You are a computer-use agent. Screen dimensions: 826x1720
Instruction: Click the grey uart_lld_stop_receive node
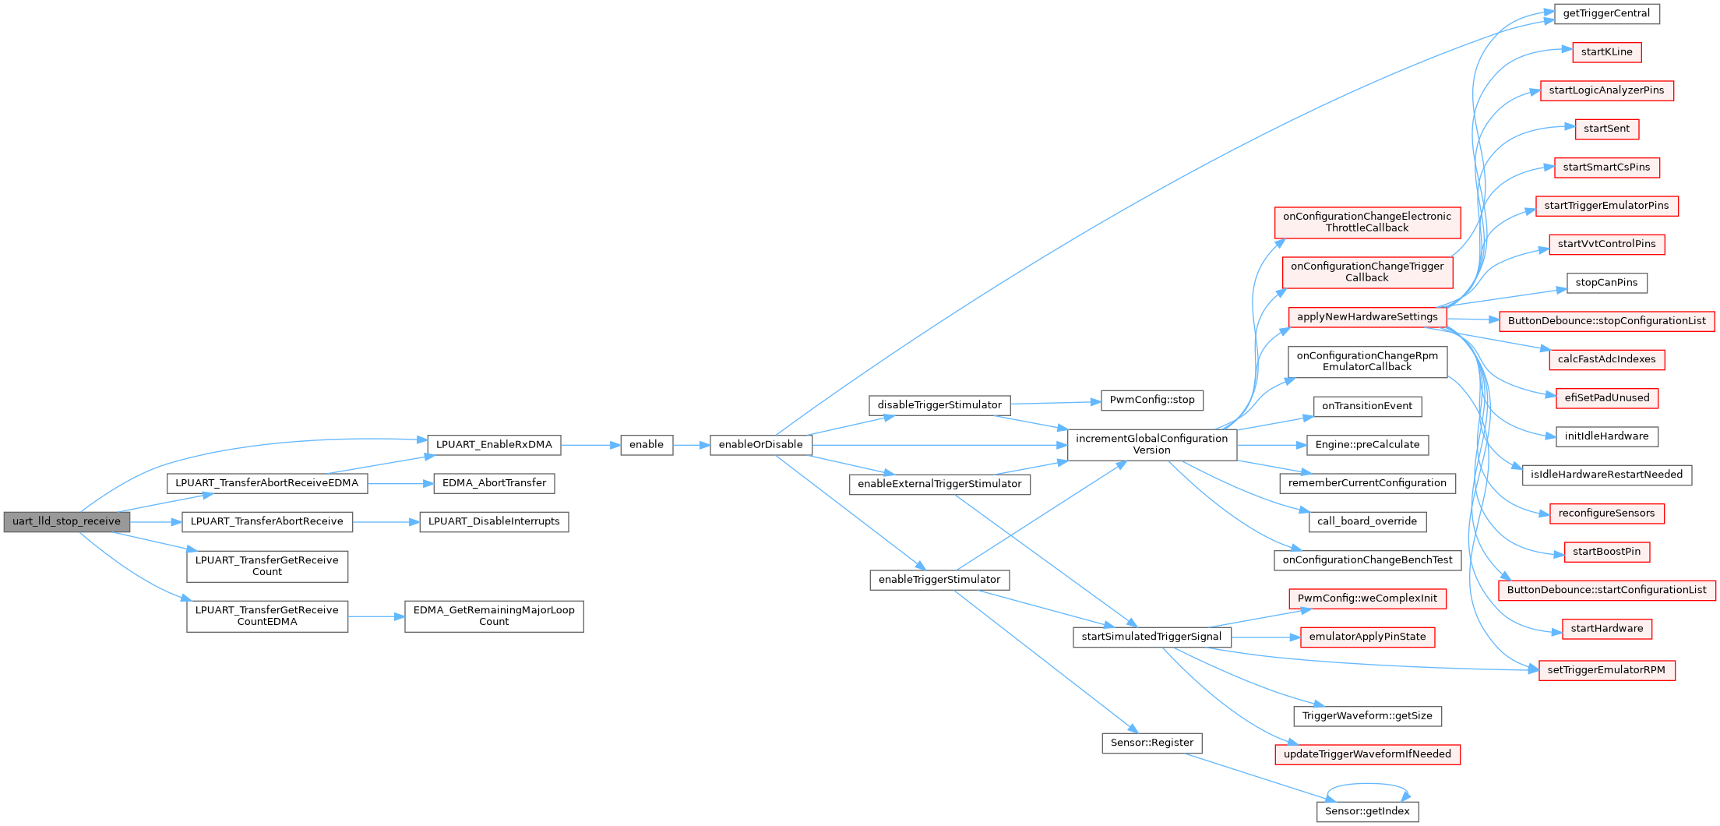coord(66,521)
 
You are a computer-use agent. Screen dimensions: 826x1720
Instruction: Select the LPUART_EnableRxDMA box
coord(494,445)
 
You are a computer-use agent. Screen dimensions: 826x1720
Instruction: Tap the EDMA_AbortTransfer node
coord(494,483)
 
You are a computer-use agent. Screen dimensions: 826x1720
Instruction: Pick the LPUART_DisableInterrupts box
coord(494,521)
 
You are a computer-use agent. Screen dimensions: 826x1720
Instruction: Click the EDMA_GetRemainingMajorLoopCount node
coord(494,616)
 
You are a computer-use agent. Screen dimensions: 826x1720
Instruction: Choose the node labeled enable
coord(647,445)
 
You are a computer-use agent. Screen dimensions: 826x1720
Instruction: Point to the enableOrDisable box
coord(760,445)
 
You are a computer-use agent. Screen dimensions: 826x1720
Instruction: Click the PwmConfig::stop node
coord(1151,400)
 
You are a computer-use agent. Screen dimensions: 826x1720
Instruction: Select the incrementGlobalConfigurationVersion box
coord(1151,444)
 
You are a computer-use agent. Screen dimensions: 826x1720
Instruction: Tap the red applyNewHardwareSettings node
coord(1367,317)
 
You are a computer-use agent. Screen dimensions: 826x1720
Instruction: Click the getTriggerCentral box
coord(1606,13)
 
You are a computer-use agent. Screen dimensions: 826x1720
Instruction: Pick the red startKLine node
coord(1606,52)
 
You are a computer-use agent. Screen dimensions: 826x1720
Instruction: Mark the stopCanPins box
coord(1606,283)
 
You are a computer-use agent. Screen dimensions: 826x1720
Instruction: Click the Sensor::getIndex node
coord(1367,811)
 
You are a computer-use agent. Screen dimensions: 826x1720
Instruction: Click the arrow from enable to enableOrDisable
coord(691,445)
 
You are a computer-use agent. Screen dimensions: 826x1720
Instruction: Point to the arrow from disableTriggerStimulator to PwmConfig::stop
coord(1056,402)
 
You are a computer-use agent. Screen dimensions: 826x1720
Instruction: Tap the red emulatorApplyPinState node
coord(1367,637)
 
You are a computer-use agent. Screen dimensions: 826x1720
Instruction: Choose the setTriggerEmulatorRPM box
coord(1606,670)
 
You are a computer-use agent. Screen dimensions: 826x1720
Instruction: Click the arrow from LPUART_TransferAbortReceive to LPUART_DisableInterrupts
coord(386,521)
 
